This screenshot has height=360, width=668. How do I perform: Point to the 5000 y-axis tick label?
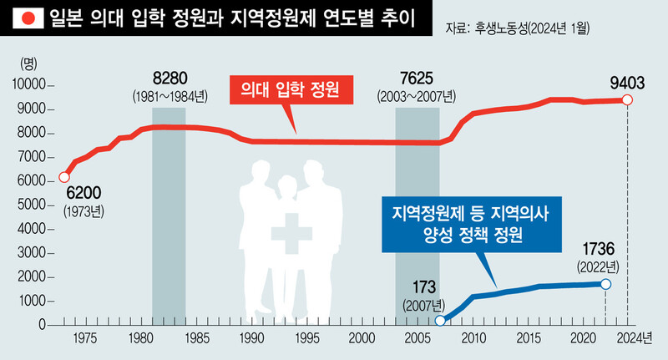30,205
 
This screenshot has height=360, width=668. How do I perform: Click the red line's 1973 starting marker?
64,177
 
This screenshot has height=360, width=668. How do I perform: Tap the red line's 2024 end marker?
628,100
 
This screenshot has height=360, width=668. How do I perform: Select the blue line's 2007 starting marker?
440,321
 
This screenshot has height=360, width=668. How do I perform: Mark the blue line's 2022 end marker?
605,284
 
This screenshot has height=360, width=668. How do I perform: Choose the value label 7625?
416,79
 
